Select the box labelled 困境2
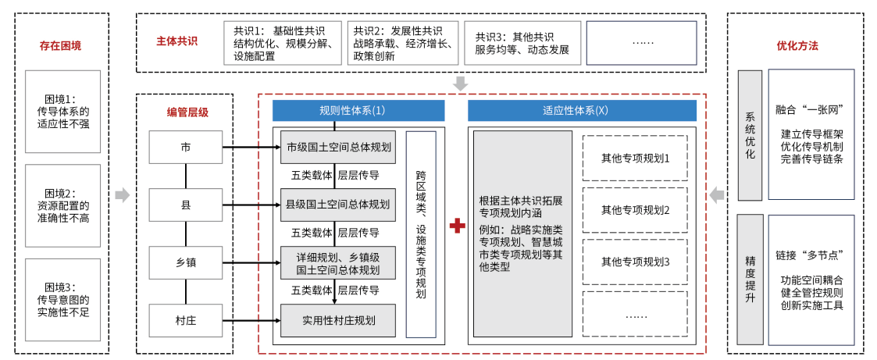(62, 205)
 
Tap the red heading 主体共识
(176, 41)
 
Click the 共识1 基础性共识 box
(283, 43)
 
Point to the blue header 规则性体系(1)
(358, 111)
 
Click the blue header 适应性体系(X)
(583, 111)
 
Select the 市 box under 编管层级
(186, 148)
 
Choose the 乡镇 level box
(186, 262)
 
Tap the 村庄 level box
(186, 320)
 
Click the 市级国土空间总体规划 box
(338, 148)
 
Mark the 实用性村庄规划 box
(338, 320)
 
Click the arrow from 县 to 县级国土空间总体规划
(251, 205)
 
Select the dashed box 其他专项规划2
(636, 210)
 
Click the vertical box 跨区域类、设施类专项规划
(421, 234)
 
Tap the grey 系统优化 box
(750, 135)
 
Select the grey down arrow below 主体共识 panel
(460, 84)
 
